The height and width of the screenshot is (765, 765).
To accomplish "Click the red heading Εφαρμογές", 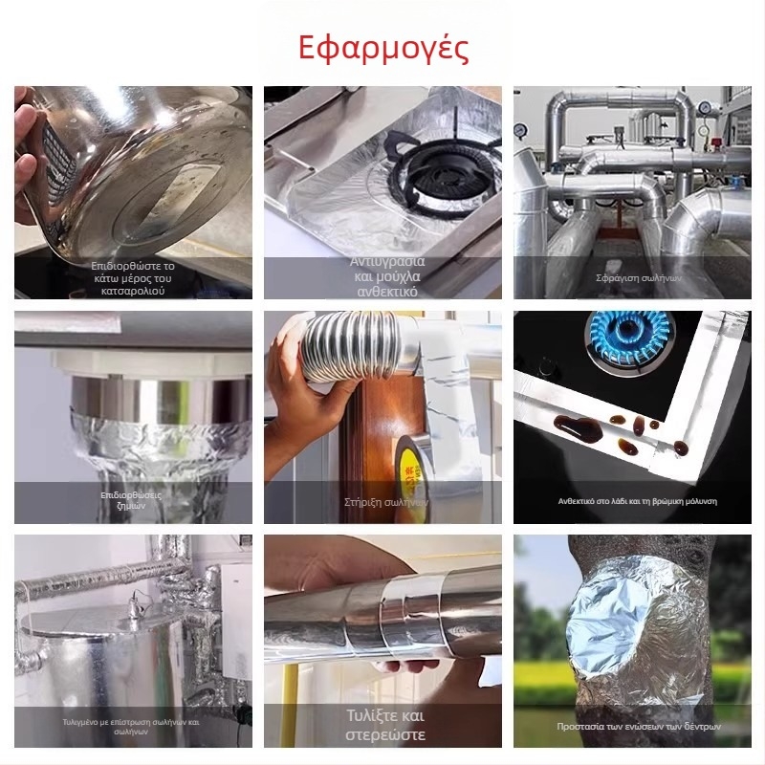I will point(383,47).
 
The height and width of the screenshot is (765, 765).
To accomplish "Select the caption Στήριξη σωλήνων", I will point(382,501).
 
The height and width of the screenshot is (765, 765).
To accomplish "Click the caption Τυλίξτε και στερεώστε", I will point(383,726).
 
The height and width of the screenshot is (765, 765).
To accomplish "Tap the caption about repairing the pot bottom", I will point(133,277).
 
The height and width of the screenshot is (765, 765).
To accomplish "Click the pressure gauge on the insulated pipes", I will point(522,131).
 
